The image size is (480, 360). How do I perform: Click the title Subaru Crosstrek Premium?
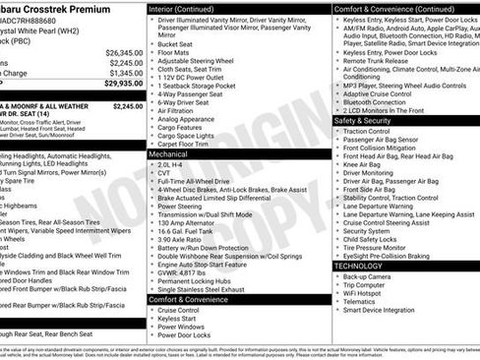(61, 8)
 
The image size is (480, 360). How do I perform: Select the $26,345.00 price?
(124, 52)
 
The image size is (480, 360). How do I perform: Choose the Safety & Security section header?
(373, 121)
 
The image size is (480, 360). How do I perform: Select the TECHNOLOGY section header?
(358, 266)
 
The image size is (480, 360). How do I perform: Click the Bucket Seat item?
(175, 44)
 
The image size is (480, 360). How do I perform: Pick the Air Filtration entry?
(178, 110)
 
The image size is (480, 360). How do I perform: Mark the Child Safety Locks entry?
(370, 238)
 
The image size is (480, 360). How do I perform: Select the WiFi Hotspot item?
(365, 293)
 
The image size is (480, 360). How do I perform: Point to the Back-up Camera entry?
(369, 276)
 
